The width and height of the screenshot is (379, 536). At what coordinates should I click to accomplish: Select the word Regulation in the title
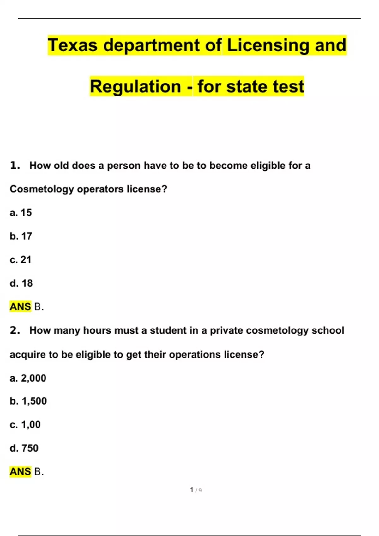(x=135, y=86)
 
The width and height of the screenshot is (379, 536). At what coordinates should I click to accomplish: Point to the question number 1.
(x=15, y=165)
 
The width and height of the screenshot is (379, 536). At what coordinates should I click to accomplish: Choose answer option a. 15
(x=21, y=213)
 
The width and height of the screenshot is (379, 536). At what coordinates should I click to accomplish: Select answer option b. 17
(x=21, y=236)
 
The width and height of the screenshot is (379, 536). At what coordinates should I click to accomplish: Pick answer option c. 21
(x=21, y=260)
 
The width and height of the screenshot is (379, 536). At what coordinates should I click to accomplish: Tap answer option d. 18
(x=21, y=283)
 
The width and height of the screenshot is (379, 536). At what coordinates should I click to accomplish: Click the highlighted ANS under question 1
(x=20, y=306)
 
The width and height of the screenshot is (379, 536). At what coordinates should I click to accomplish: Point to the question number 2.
(x=15, y=330)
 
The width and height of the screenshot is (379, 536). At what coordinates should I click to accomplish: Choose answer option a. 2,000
(x=28, y=378)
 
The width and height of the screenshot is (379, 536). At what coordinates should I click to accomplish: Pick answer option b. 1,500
(x=28, y=401)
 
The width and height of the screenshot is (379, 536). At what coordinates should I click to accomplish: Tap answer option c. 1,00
(x=25, y=425)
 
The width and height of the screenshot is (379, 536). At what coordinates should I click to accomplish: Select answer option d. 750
(x=24, y=448)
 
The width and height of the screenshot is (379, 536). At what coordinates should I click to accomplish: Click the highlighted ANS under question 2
(x=20, y=472)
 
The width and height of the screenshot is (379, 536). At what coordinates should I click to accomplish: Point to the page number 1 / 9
(x=196, y=490)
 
